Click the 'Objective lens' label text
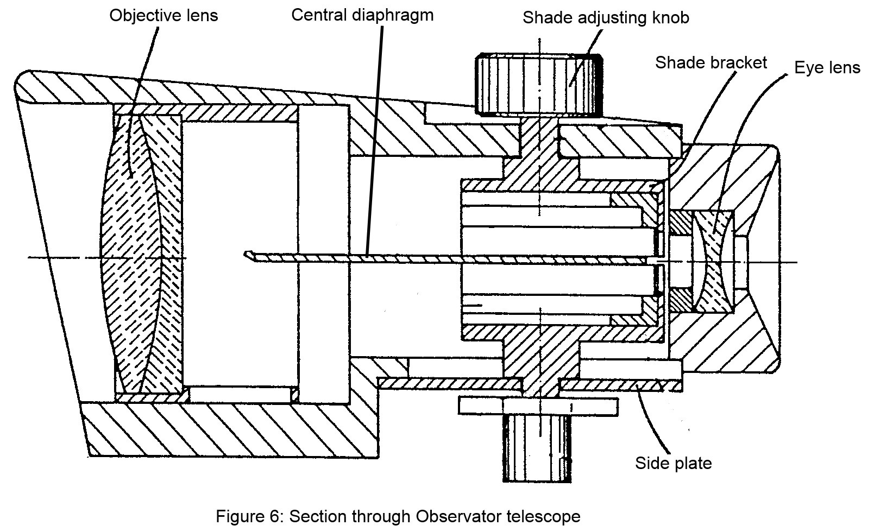[163, 15]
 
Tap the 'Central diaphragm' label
[362, 15]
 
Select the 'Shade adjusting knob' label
[606, 17]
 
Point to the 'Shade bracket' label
[710, 62]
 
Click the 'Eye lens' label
[827, 68]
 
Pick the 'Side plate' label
[673, 463]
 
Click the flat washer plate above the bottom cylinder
[538, 405]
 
